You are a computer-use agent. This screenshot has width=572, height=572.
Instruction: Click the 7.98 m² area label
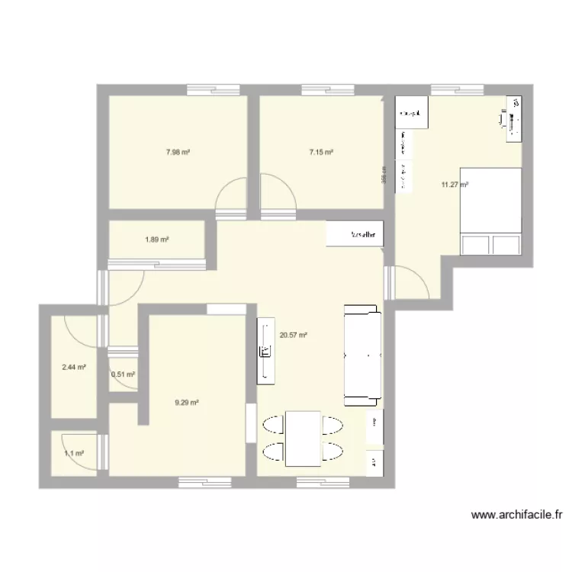click(178, 153)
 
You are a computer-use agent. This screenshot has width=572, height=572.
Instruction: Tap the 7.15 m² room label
click(321, 153)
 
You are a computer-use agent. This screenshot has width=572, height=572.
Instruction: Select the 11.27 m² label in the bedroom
click(455, 184)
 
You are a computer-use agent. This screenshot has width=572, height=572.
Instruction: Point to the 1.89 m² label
click(156, 239)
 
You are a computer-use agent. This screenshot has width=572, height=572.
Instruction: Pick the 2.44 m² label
click(74, 367)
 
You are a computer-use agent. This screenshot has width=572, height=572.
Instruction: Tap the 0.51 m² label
click(123, 374)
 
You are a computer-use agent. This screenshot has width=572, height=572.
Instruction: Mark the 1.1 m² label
click(74, 454)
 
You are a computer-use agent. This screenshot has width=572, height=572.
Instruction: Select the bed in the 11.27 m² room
click(491, 210)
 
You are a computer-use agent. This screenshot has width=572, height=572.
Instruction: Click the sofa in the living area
click(362, 355)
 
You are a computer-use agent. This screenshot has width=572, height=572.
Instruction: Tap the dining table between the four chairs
click(303, 438)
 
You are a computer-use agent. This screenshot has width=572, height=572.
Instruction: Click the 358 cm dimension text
click(385, 176)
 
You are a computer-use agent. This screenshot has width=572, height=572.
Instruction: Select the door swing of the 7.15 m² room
click(278, 191)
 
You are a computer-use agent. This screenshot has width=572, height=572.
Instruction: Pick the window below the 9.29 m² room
click(204, 481)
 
